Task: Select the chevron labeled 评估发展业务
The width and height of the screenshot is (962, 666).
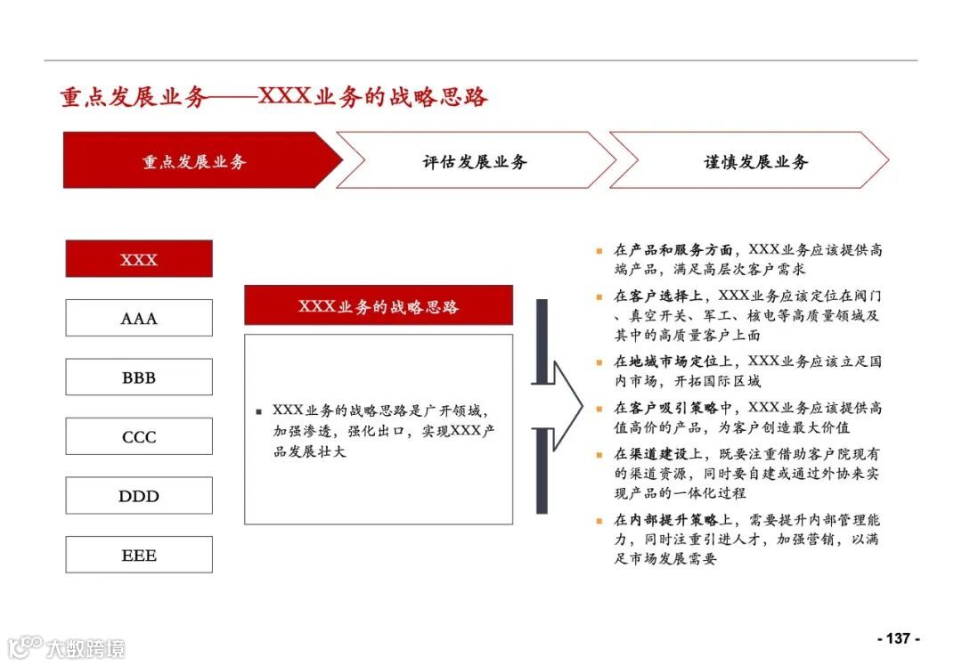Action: [475, 161]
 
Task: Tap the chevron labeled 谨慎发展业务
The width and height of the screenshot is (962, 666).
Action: [755, 161]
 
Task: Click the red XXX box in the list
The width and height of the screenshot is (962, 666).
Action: [139, 259]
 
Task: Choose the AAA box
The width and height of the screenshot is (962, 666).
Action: [139, 318]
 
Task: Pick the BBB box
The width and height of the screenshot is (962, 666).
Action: [139, 378]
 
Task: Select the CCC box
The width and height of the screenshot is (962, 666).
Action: [139, 436]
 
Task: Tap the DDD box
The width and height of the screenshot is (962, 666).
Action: [139, 496]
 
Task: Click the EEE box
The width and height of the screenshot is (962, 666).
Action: [139, 555]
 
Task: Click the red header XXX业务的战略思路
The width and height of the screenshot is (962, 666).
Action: [379, 305]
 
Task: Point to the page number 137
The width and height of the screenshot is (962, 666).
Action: [898, 638]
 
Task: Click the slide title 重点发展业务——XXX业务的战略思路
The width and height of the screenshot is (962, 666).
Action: [274, 97]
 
